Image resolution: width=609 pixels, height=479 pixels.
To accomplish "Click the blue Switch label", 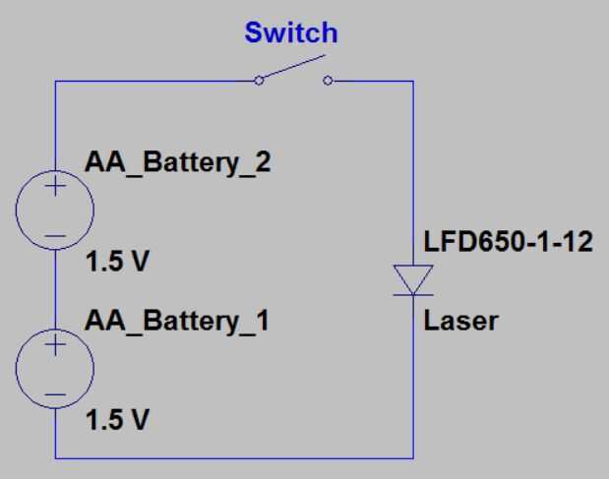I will coord(290,33).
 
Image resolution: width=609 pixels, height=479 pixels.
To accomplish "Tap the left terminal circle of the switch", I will coord(259,81).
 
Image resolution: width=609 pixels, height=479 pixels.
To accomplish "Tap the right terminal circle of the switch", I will coord(327,81).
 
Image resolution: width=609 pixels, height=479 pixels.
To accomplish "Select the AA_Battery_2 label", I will coord(177,162).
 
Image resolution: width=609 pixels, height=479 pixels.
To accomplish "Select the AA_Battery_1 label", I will coord(177,321).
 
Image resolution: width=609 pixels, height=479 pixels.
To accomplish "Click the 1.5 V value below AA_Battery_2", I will coord(118,264).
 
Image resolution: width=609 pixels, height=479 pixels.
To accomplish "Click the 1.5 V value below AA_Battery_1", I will coord(118,421).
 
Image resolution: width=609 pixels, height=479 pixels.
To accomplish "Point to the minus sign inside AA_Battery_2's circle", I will coord(55,235).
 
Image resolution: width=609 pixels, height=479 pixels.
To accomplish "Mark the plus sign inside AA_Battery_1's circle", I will coord(55,344).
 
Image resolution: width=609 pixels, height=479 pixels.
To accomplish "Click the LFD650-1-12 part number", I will coord(508,242).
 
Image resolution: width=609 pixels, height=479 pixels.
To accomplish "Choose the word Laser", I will coord(460,321).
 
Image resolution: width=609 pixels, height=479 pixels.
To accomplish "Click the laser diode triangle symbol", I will coord(413,280).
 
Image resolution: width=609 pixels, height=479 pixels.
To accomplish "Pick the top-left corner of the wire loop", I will coord(55,82).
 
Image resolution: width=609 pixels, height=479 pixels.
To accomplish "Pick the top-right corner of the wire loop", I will coord(413,82).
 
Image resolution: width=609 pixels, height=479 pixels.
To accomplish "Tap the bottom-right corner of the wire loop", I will coord(413,457).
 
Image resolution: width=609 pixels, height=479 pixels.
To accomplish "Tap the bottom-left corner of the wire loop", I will coord(55,457).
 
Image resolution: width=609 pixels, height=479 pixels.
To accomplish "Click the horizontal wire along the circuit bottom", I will coord(234,457).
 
